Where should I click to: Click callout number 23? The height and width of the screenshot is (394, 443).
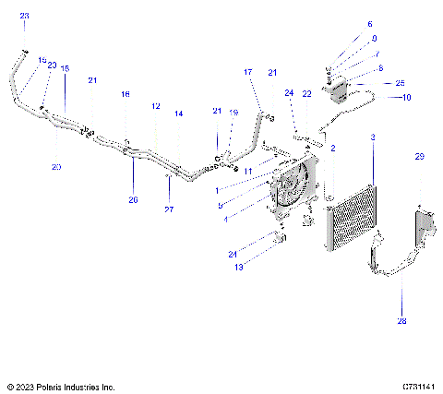point(24,17)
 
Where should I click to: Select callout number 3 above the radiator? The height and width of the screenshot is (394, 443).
point(372,137)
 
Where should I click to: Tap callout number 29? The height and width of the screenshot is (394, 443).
point(419,158)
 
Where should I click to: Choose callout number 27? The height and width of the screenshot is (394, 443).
point(168,209)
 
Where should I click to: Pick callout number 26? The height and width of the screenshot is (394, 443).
point(133,199)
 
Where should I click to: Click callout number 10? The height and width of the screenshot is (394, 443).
point(406,97)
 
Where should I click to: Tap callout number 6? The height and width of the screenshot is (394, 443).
point(370,24)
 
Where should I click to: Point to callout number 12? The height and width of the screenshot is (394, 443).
point(156,106)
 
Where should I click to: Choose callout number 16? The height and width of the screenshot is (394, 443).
point(126,94)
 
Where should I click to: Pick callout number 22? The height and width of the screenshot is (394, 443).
point(307,93)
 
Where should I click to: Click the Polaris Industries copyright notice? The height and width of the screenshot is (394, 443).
point(60,387)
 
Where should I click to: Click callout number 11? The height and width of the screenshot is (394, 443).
point(247,172)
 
